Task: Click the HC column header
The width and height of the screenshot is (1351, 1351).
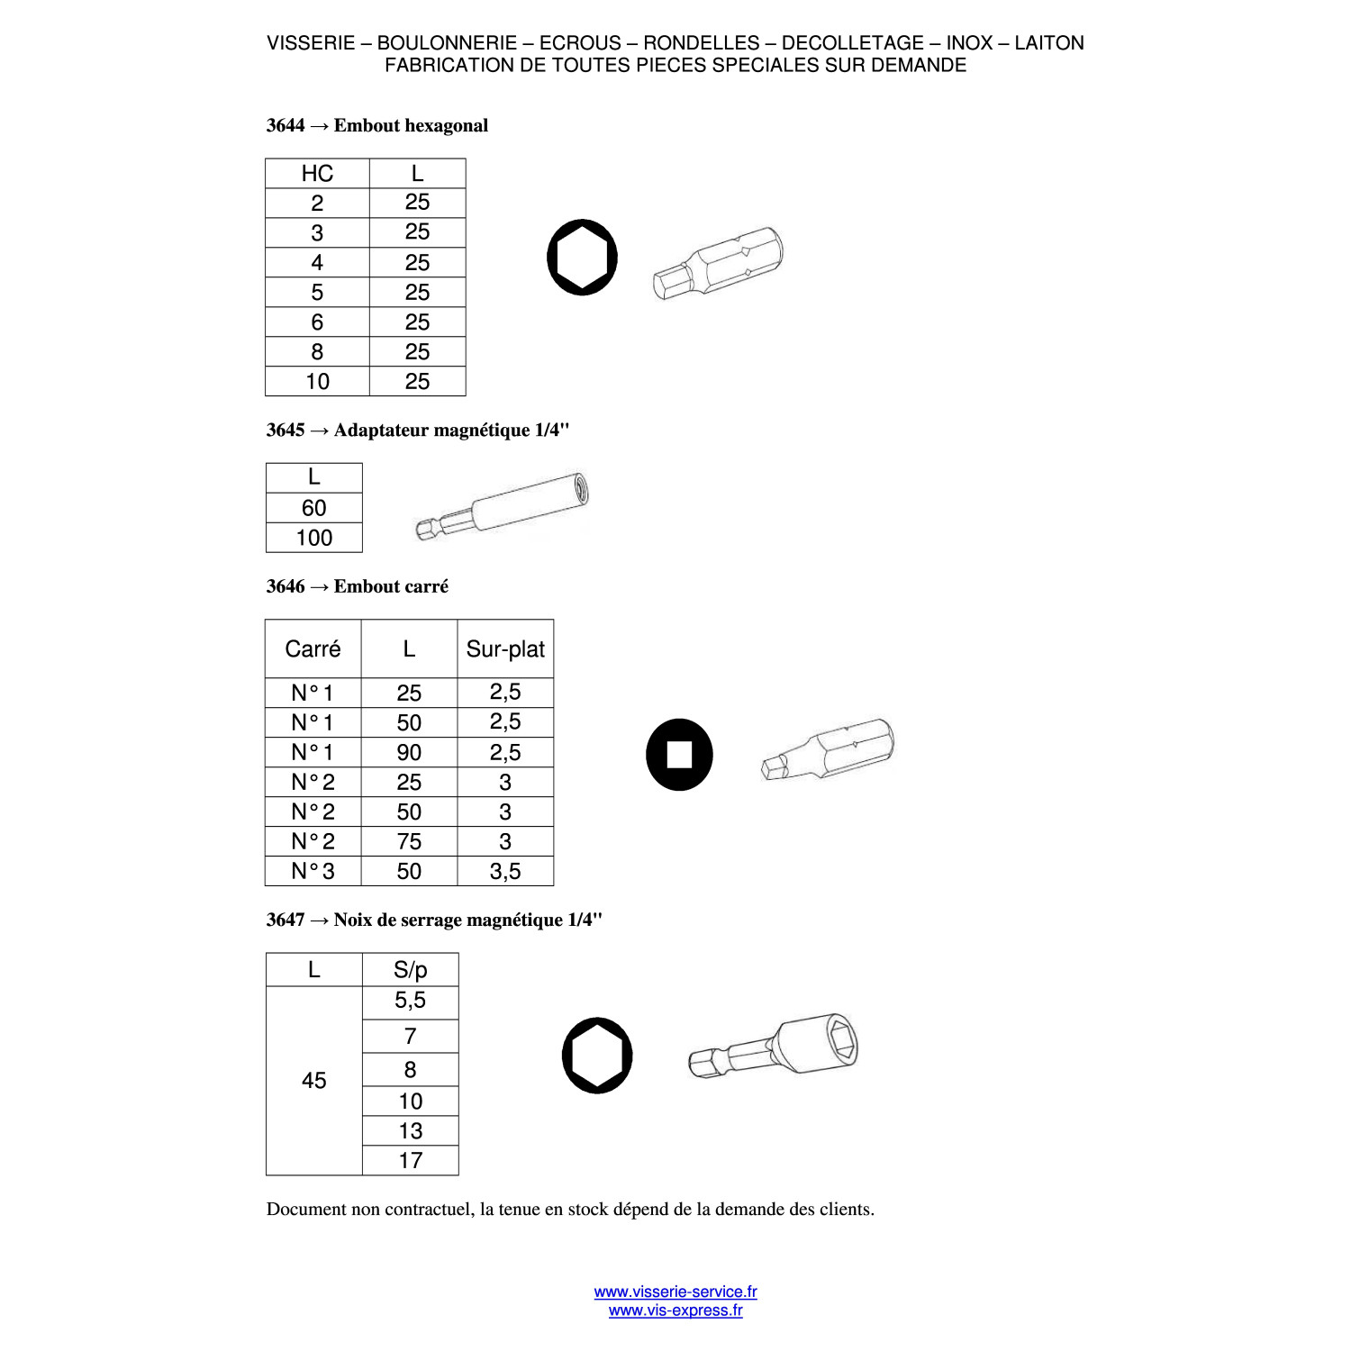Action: tap(317, 174)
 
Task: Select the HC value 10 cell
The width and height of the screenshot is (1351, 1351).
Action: tap(317, 381)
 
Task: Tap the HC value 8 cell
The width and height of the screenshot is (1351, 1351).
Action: tap(317, 351)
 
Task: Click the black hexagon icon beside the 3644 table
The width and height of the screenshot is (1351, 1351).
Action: tap(583, 258)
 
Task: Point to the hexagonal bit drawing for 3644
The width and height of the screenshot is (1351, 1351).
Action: tap(718, 262)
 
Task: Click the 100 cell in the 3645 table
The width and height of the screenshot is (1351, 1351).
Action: tap(314, 538)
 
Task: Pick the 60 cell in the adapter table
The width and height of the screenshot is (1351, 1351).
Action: tap(314, 508)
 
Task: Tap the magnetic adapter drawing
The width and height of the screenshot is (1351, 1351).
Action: tap(503, 505)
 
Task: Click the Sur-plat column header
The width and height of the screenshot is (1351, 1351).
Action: tap(505, 648)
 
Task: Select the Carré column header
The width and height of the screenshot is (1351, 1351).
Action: tap(313, 648)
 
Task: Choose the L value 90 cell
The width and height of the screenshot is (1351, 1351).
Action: tap(409, 752)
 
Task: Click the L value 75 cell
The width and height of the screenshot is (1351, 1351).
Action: tap(409, 841)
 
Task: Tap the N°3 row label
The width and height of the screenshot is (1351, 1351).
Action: tap(313, 871)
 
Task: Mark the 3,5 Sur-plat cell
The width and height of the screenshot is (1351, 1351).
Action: tap(505, 871)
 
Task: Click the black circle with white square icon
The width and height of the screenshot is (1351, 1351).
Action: tap(679, 755)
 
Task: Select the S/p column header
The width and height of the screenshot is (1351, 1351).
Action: tap(410, 970)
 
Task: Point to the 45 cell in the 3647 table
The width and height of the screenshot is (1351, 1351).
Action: tap(314, 1081)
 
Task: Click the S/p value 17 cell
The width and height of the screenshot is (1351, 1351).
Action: tap(410, 1160)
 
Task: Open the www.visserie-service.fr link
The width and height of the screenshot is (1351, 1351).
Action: tap(675, 1292)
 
